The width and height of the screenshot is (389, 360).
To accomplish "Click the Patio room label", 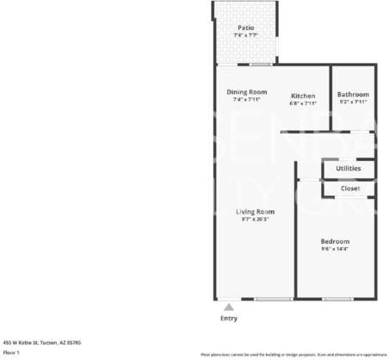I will (246, 28).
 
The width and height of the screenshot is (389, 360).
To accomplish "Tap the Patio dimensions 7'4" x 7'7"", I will (246, 36).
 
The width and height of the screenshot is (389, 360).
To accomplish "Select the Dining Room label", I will (246, 92).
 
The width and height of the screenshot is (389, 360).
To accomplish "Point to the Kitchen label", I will (303, 96).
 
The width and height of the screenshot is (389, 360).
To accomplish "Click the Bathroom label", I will (353, 95).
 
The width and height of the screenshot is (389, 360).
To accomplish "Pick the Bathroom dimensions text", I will (353, 102).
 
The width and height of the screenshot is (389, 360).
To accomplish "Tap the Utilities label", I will (348, 168).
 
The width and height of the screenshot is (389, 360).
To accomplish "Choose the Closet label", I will (349, 188).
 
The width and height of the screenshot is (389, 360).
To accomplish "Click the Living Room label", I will (255, 212).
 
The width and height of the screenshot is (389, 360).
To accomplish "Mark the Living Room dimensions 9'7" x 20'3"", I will (255, 220).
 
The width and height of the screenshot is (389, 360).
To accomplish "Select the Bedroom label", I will (335, 241).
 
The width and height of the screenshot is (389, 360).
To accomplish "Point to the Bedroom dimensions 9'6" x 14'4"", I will (335, 249).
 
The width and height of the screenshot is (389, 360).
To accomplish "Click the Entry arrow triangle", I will (228, 305).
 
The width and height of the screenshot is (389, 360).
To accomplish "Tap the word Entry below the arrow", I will (228, 318).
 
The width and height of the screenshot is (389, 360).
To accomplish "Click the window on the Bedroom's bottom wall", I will (337, 299).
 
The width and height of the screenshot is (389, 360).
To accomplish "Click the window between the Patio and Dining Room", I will (261, 65).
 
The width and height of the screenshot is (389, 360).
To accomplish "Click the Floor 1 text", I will (11, 351).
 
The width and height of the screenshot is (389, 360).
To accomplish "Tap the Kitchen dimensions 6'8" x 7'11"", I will (303, 103).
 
